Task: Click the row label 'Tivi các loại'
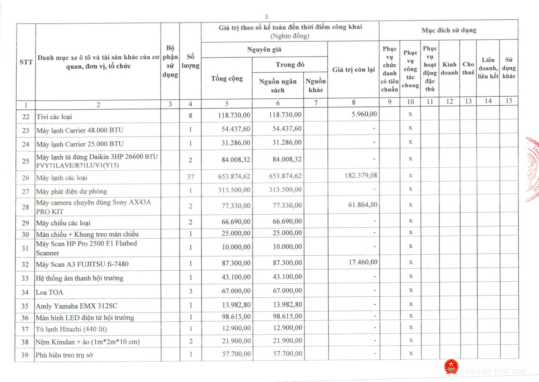pos(54,117)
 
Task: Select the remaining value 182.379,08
pos(361,175)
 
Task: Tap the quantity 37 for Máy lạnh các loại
pos(190,177)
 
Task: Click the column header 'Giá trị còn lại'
pos(353,70)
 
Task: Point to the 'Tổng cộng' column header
pos(227,79)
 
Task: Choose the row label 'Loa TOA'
pos(49,292)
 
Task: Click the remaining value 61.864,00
pos(363,205)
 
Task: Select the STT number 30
pos(25,234)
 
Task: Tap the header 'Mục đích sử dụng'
pos(449,30)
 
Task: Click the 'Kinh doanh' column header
pos(449,68)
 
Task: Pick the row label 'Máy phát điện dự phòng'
pos(71,191)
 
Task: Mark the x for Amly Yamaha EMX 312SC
pos(410,304)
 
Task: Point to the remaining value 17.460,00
pos(363,262)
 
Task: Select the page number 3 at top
pos(266,17)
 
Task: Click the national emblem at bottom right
pos(451,367)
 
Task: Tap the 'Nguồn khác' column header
pos(315,85)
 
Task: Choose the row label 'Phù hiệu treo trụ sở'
pos(64,355)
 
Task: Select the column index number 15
pos(509,101)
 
